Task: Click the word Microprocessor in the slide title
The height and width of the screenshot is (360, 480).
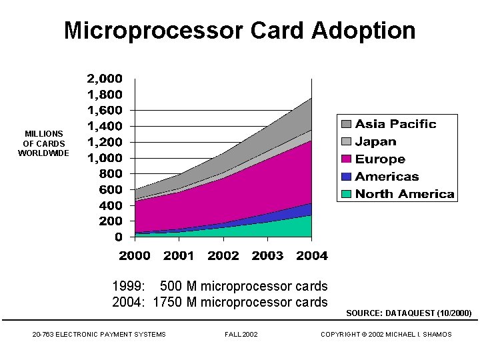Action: tap(153, 31)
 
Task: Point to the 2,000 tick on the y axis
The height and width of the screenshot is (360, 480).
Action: tap(105, 79)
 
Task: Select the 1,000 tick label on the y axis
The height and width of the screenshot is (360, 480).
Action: tap(105, 158)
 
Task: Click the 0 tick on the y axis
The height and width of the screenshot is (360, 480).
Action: tap(118, 237)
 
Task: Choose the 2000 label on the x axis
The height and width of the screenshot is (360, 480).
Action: tap(135, 255)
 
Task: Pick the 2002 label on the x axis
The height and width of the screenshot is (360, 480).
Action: tap(223, 255)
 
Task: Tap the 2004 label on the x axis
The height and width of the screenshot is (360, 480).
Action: tap(311, 255)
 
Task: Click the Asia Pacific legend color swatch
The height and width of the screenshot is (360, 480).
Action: tap(347, 124)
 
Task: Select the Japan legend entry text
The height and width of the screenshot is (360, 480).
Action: tap(375, 141)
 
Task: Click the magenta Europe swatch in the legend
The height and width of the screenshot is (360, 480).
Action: tap(347, 159)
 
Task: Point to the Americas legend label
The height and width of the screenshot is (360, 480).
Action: tap(387, 177)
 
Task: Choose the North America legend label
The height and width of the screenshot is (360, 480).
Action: tap(405, 194)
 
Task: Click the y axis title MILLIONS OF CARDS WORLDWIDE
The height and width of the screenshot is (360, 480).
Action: tap(43, 143)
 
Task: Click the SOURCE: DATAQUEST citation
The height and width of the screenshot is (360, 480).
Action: tap(409, 313)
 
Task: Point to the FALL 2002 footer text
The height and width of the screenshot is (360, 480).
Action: tap(241, 334)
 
